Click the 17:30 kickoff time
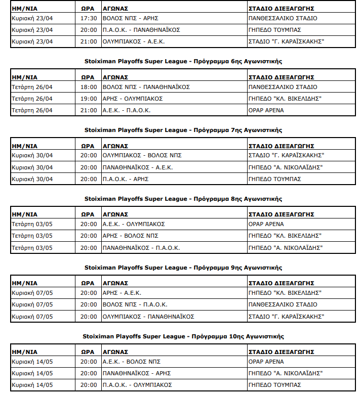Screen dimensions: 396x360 point(89,18)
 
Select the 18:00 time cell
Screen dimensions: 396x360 point(89,87)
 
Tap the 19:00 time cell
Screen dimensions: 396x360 point(89,99)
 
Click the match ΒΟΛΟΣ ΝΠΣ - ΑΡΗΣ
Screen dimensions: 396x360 point(127,18)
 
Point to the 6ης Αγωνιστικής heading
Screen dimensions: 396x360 point(183,61)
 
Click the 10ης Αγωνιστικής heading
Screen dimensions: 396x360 point(183,336)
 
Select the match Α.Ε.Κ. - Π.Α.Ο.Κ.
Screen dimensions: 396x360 point(126,110)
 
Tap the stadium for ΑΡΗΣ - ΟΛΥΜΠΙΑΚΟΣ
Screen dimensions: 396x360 point(285,99)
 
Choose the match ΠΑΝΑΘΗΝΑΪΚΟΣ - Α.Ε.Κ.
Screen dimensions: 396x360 point(138,167)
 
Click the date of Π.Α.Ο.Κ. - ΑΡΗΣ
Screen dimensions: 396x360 point(32,179)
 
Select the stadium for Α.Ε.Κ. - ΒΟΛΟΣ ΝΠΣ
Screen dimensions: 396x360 point(266,362)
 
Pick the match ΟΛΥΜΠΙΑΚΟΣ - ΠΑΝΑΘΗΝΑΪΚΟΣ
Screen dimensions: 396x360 point(148,317)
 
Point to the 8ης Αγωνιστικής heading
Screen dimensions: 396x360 point(183,199)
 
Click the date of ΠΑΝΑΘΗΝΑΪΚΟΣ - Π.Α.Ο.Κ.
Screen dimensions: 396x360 point(32,248)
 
